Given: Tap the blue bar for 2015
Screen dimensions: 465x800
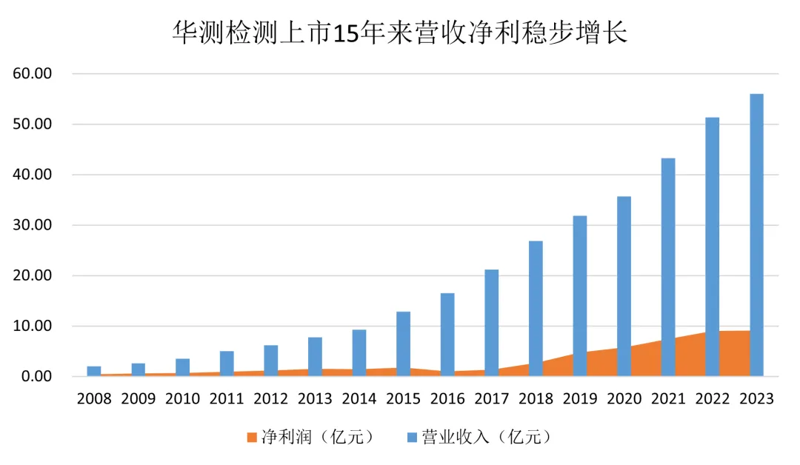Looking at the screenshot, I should pyautogui.click(x=403, y=341).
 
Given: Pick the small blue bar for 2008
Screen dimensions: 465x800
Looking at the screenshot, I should pyautogui.click(x=94, y=369).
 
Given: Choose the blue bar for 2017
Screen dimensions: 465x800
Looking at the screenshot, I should pyautogui.click(x=491, y=318).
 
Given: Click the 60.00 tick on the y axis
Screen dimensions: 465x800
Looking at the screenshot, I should pyautogui.click(x=32, y=74).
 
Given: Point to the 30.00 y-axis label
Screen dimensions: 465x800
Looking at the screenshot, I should pyautogui.click(x=32, y=225).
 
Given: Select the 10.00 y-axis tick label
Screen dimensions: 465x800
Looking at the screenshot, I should pyautogui.click(x=32, y=326).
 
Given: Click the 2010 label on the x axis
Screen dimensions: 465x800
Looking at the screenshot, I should pyautogui.click(x=182, y=399).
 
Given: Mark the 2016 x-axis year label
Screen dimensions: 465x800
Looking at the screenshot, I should pyautogui.click(x=447, y=399).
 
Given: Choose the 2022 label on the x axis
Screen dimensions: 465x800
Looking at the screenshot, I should pyautogui.click(x=712, y=399).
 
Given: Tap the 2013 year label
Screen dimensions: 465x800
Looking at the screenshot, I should pyautogui.click(x=315, y=399).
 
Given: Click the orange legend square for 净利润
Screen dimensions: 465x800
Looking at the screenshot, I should pyautogui.click(x=251, y=438).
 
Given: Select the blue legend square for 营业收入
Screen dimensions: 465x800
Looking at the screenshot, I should pyautogui.click(x=412, y=438).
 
